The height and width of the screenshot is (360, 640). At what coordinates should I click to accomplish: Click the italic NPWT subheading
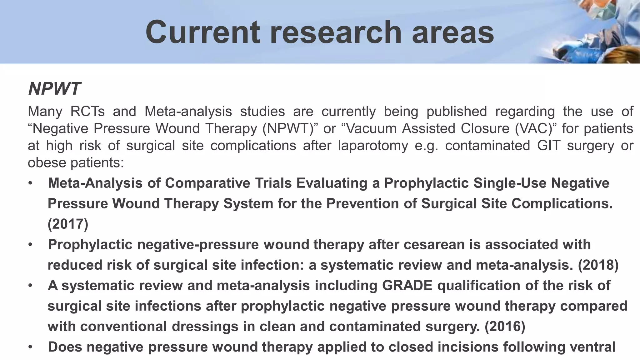[x=54, y=89]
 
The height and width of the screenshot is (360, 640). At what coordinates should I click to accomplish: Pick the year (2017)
[x=68, y=224]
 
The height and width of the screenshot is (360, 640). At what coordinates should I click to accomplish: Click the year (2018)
[x=598, y=265]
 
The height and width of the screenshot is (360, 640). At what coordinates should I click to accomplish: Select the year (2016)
[x=505, y=327]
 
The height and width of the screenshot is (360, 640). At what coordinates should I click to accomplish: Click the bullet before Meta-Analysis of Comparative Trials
[x=30, y=183]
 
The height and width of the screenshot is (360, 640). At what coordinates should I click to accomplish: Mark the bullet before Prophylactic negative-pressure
[x=30, y=244]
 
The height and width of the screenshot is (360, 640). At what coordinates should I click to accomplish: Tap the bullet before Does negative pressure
[x=30, y=347]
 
